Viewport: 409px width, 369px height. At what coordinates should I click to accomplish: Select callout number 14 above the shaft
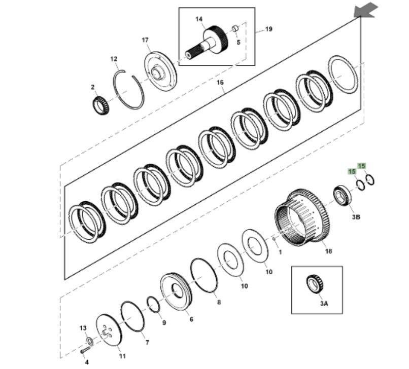coord(199,19)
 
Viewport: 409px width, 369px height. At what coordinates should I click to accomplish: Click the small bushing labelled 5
coord(235,28)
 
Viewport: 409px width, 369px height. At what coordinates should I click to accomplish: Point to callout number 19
coord(268,29)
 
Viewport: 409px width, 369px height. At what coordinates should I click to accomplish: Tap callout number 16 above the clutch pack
coord(220,82)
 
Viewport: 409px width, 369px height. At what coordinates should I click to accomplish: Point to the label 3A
coord(324,304)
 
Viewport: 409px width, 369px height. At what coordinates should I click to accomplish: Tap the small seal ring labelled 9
coord(153,305)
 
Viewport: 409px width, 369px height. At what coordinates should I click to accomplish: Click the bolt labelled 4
coord(84,350)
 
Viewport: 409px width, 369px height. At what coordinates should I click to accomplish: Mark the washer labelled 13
coord(88,340)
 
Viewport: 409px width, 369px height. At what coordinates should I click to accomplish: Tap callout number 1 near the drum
coord(280,250)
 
